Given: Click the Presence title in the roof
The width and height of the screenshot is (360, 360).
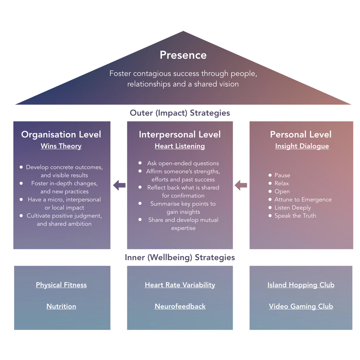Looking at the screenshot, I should point(183,55).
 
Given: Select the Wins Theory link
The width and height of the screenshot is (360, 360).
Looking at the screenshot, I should point(61,146).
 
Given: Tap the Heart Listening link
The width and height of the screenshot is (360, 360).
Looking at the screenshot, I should point(180,146).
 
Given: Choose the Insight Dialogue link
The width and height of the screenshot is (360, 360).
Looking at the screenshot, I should point(302,146).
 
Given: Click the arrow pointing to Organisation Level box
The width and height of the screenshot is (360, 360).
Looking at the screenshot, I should point(119,185).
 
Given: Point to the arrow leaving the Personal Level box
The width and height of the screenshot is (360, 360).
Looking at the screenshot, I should point(241,185).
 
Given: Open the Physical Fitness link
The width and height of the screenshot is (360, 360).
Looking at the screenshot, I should point(61,285).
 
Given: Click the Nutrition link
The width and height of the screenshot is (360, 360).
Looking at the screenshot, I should point(61,306).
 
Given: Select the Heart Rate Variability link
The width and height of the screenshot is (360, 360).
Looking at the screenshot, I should point(180,285).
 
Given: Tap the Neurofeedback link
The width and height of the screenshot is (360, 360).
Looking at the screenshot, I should point(180,306).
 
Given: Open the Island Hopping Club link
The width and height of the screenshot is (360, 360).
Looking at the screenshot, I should point(301,285).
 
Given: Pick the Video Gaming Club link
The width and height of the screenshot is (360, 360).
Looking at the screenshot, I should point(301,306).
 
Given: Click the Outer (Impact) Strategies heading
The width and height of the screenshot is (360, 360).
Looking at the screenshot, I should point(180,113).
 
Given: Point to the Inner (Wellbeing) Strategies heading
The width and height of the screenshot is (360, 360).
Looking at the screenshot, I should point(180,257).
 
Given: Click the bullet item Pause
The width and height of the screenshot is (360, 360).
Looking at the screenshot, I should point(282,175).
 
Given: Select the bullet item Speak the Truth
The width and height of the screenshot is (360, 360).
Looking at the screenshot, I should point(295,216).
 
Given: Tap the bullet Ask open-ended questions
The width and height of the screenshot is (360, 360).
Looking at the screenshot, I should point(183,163).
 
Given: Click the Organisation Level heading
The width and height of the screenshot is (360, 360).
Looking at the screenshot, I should point(61,134).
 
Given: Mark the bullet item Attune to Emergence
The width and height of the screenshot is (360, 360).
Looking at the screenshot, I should point(303,199).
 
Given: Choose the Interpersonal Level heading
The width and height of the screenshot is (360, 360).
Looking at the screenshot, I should point(180,134).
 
